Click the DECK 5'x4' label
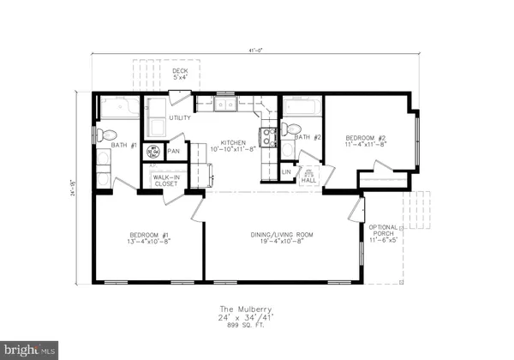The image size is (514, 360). click(x=180, y=75)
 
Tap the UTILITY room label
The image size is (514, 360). click(x=180, y=117)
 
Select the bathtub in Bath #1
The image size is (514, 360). click(x=117, y=109)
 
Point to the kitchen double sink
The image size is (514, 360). click(x=226, y=105)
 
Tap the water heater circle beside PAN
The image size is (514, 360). click(x=155, y=152)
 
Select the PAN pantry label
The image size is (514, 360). click(x=174, y=152)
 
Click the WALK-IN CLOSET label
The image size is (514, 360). click(x=164, y=180)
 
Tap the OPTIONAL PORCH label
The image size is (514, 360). click(x=383, y=234)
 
